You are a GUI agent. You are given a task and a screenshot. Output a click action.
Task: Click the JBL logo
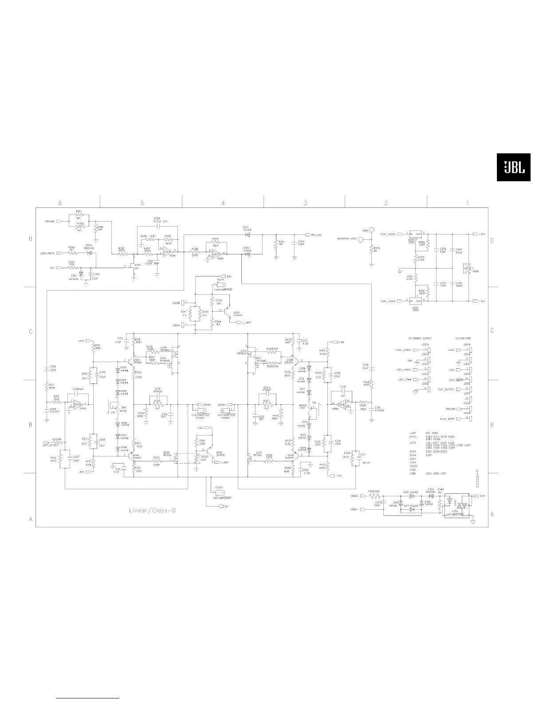[x=513, y=167]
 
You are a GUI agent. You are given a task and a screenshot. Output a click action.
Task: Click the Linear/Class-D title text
[x=152, y=510]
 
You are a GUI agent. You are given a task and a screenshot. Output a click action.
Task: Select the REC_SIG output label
[x=316, y=234]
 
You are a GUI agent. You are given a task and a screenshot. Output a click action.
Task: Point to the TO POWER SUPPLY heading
[x=420, y=338]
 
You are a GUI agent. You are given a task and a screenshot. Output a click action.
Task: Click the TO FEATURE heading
[x=463, y=338]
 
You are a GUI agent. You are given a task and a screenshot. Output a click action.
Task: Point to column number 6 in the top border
[x=59, y=203]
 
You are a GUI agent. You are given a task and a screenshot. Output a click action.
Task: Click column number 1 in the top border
[x=467, y=203]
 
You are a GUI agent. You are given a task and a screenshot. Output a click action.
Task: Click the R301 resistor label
[x=79, y=211]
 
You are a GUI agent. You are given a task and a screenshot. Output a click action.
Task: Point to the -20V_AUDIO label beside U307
[x=387, y=301]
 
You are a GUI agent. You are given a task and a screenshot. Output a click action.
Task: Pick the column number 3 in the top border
[x=305, y=203]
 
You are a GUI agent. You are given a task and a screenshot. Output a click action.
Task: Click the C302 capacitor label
[x=157, y=218]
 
